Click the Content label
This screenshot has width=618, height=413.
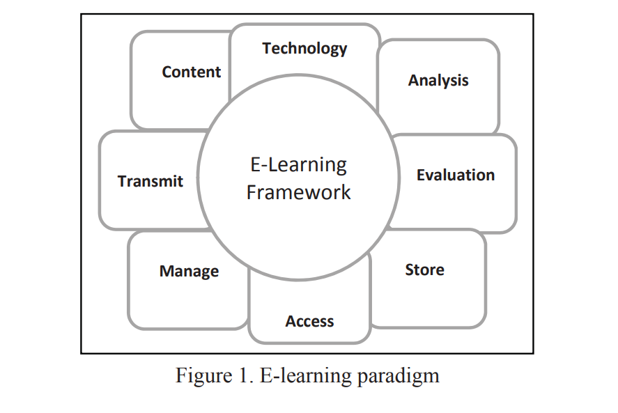click(x=191, y=72)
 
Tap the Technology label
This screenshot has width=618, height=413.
click(x=304, y=48)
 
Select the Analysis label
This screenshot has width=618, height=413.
click(x=438, y=80)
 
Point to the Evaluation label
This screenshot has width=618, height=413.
click(x=456, y=175)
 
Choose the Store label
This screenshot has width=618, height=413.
click(x=424, y=270)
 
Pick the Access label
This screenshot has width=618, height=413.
click(x=309, y=321)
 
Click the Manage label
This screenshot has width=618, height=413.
click(x=189, y=271)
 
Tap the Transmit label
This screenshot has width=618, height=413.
click(x=150, y=181)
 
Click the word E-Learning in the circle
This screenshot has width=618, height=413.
click(x=298, y=165)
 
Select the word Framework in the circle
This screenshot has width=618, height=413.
click(x=298, y=192)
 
